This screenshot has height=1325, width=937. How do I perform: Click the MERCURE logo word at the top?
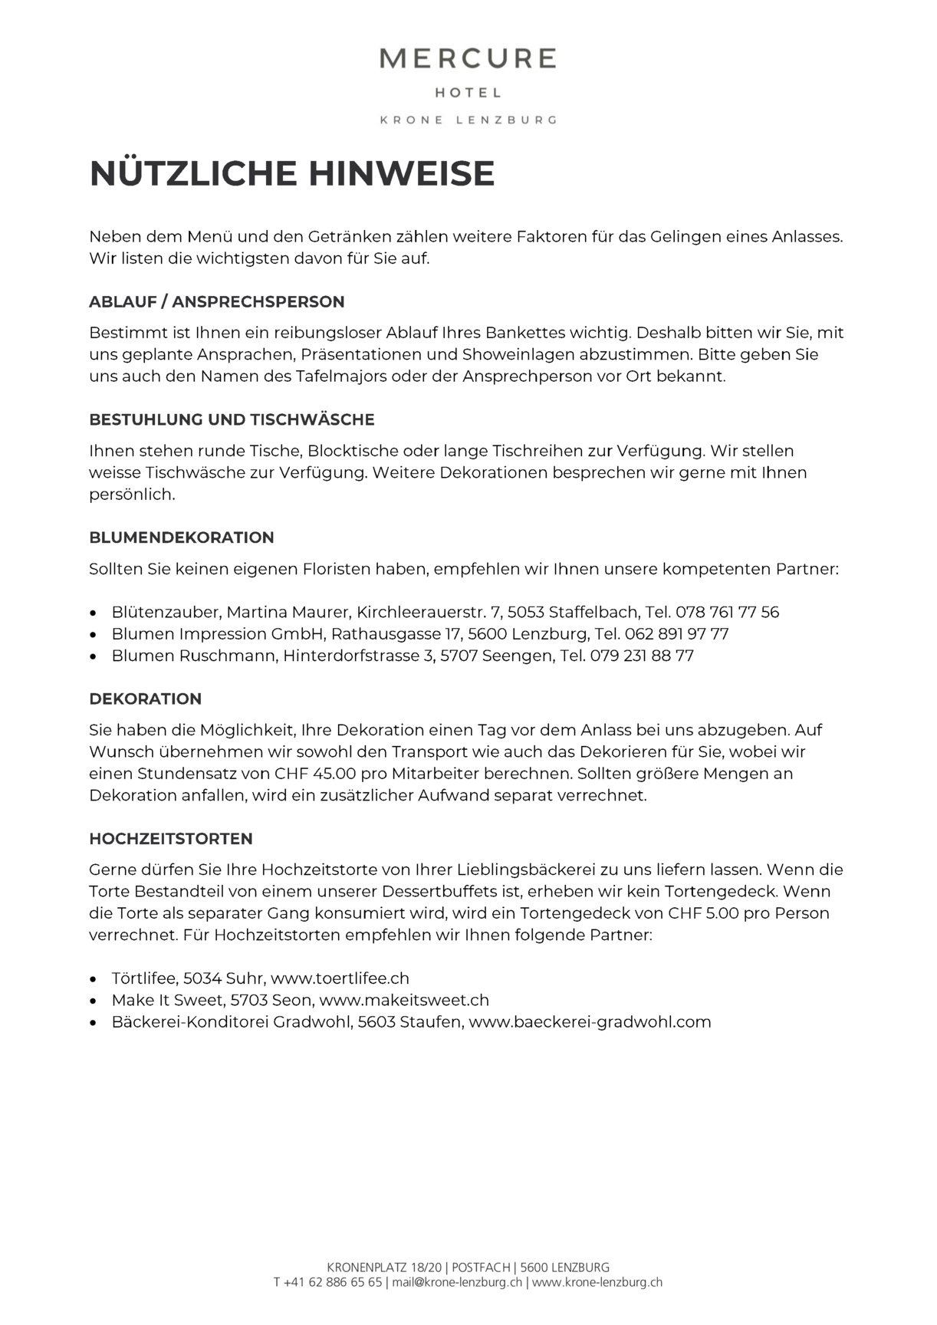point(468,58)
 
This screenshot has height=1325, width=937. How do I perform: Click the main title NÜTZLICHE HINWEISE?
point(292,173)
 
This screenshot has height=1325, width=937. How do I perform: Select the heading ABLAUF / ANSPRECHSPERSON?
point(217,301)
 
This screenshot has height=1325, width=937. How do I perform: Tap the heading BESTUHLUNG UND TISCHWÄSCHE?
point(232,419)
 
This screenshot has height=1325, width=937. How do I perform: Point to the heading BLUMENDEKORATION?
point(182,538)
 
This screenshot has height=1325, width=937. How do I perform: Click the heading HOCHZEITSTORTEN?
point(171,838)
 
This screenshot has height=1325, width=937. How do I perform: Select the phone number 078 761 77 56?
point(727,612)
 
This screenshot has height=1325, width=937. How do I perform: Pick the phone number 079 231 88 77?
point(642,656)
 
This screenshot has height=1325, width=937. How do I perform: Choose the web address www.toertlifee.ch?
point(340,978)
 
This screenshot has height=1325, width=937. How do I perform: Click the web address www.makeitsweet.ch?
point(404,1000)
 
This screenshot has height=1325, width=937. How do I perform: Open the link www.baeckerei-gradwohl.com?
point(590,1021)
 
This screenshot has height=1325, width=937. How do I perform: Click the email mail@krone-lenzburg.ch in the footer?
point(457,1282)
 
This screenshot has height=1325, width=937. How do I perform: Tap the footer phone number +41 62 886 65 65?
point(333,1282)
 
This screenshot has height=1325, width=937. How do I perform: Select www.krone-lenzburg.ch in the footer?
point(597,1282)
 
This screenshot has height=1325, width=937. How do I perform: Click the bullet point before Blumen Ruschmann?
point(94,656)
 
